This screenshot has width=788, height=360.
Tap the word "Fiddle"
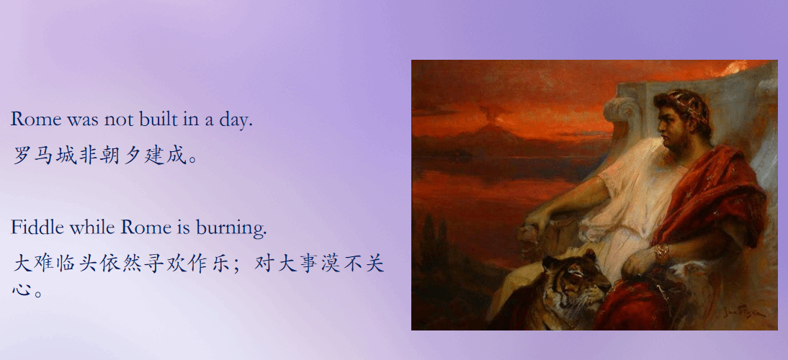click(x=37, y=227)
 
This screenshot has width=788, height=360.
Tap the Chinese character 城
click(x=66, y=156)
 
